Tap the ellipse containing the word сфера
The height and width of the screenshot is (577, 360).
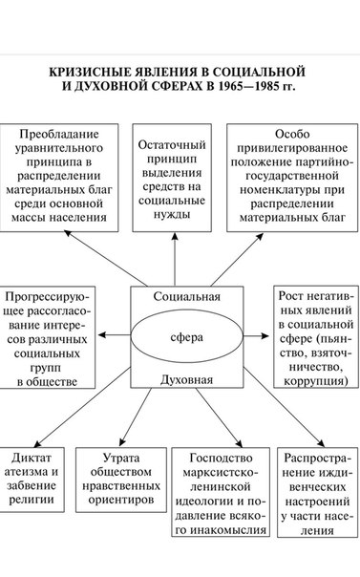(187, 336)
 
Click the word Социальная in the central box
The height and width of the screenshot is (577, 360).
(187, 296)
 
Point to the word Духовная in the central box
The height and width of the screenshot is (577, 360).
(187, 379)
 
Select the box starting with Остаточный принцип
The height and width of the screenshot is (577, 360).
(172, 178)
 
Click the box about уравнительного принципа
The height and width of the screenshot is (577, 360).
(59, 178)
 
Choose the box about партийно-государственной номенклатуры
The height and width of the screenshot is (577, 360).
(292, 178)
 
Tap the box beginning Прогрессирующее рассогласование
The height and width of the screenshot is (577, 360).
(47, 337)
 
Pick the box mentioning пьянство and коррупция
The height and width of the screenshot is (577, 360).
(316, 336)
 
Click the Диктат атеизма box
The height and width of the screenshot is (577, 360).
(32, 480)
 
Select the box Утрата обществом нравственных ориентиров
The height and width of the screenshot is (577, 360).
(121, 480)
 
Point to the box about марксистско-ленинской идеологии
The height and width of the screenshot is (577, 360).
(221, 492)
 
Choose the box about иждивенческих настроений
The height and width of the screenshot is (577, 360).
(318, 492)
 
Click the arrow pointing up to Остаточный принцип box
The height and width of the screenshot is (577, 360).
(175, 259)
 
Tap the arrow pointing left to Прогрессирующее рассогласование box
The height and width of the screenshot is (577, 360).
(115, 335)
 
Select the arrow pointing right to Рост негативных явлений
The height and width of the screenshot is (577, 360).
(256, 335)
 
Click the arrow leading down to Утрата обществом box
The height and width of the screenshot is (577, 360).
(136, 417)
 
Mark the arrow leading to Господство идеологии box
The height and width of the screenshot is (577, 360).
(219, 417)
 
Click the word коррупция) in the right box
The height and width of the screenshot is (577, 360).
(316, 380)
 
